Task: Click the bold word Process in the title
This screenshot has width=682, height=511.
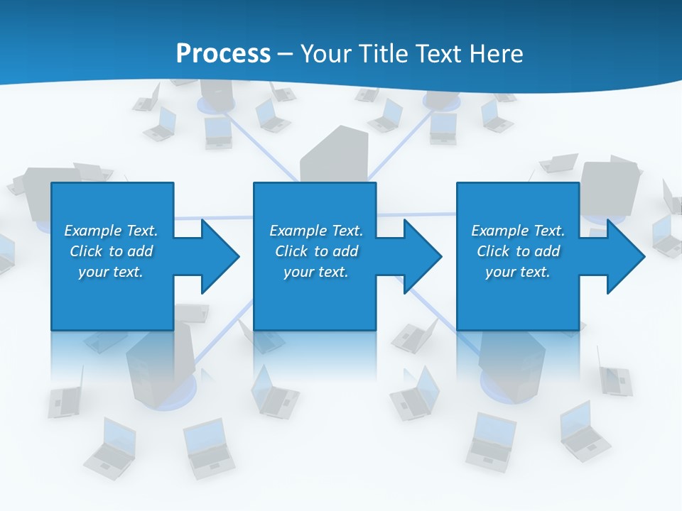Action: pos(223,54)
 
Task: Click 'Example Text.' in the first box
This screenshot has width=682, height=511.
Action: pos(111,231)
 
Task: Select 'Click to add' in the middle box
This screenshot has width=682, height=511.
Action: pos(316,251)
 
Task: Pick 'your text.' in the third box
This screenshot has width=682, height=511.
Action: pos(517,272)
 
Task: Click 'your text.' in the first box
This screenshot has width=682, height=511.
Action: pos(111,272)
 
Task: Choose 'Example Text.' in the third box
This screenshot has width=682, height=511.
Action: pos(518,231)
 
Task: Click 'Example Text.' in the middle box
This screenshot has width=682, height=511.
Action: pos(316,231)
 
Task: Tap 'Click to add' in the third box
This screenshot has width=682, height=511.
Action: pos(518,251)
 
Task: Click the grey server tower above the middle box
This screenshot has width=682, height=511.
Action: pos(334,156)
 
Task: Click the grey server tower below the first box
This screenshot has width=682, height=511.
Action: pos(151,366)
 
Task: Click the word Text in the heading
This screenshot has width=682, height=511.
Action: pos(441,54)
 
